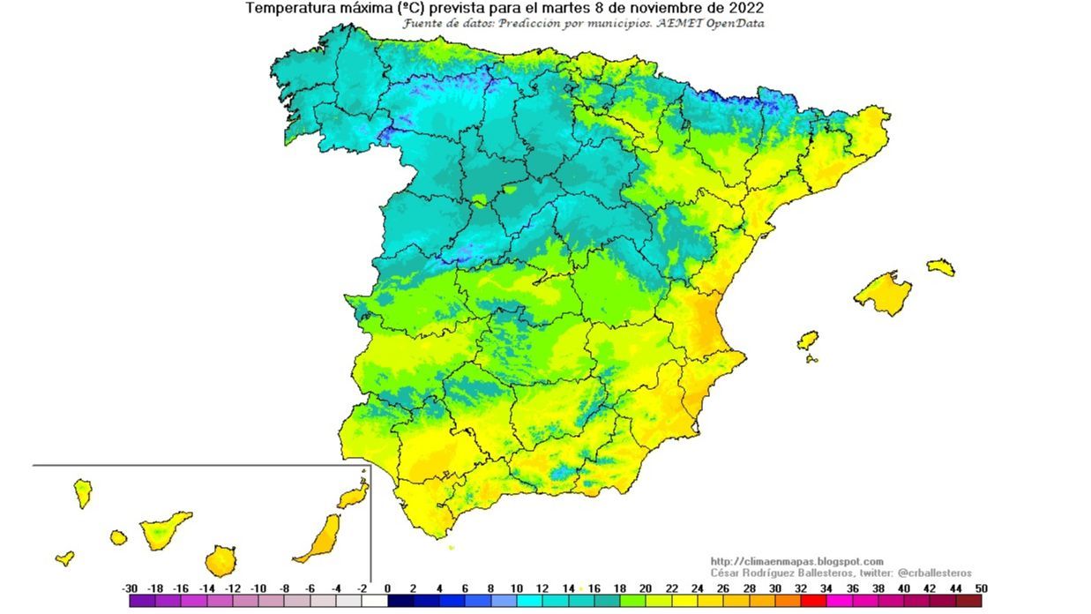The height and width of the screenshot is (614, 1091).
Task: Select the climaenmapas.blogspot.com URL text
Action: coord(796,561)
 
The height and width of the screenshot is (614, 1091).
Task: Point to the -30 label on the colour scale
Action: coord(130,588)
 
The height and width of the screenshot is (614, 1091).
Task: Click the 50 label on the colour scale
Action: coord(981,588)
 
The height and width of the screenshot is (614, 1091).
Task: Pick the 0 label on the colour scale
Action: coord(388,588)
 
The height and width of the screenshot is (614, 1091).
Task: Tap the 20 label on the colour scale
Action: coord(645,588)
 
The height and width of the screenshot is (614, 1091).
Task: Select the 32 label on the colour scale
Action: coord(800,588)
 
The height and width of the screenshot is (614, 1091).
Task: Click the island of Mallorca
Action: coord(882,292)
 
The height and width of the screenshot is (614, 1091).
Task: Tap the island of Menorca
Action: coord(941,266)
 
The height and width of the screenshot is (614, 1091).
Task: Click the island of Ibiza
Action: coord(807,340)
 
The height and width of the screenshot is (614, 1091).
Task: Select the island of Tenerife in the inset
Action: coord(164,529)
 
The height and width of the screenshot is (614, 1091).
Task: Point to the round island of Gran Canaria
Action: coord(220,560)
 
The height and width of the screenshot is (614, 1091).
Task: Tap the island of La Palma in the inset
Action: coord(83,492)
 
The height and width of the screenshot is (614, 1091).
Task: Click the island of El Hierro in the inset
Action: coord(64,558)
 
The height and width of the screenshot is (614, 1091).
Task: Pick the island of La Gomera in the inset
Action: coord(118,536)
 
